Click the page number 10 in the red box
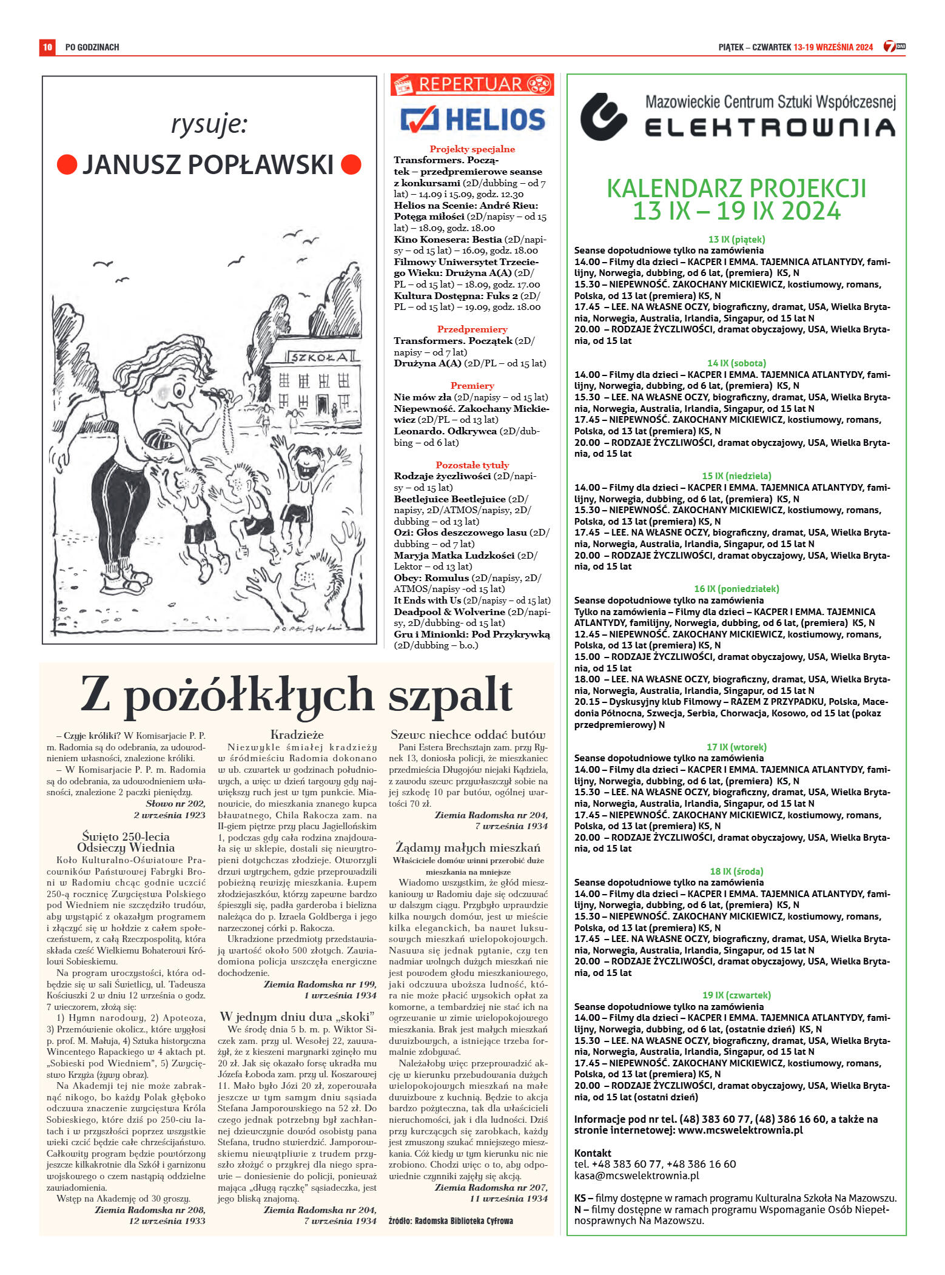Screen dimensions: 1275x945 pyautogui.click(x=47, y=47)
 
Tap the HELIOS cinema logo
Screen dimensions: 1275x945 pyautogui.click(x=472, y=119)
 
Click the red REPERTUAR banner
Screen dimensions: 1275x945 pyautogui.click(x=472, y=84)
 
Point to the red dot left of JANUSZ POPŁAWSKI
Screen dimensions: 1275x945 pyautogui.click(x=67, y=164)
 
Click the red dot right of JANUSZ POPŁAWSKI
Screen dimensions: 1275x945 pyautogui.click(x=351, y=164)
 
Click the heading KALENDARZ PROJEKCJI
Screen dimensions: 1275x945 pyautogui.click(x=736, y=189)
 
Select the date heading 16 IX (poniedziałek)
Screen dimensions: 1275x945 pyautogui.click(x=736, y=589)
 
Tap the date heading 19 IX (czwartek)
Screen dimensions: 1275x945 pyautogui.click(x=736, y=995)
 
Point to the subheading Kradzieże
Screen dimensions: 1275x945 pyautogui.click(x=297, y=735)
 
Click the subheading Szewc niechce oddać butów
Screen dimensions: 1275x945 pyautogui.click(x=468, y=735)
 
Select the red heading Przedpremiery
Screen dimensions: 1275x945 pyautogui.click(x=472, y=329)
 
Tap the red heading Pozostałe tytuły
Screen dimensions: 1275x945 pyautogui.click(x=472, y=465)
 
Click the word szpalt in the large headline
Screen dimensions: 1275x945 pyautogui.click(x=450, y=695)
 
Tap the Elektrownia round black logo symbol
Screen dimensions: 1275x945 pyautogui.click(x=603, y=116)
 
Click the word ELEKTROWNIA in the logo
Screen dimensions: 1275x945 pyautogui.click(x=770, y=127)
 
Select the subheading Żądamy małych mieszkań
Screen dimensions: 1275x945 pyautogui.click(x=468, y=847)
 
